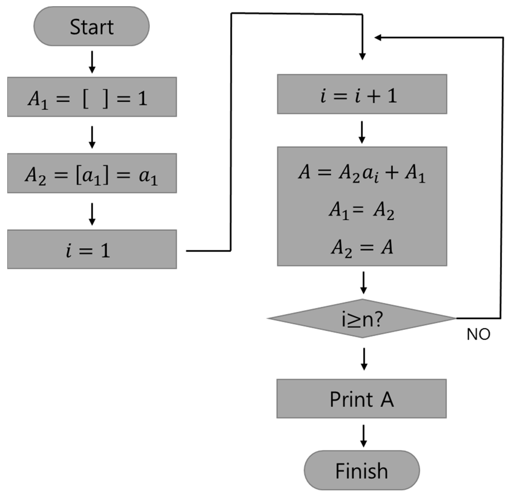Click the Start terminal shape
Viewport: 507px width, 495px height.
(x=91, y=27)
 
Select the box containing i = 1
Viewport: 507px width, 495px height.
(x=92, y=249)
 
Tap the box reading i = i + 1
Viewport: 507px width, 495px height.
(x=362, y=94)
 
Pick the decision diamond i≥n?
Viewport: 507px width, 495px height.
(x=362, y=318)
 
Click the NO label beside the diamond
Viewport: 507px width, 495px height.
(x=478, y=334)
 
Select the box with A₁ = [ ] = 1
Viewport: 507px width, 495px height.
(x=92, y=97)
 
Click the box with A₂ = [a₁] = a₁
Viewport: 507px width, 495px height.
(x=92, y=173)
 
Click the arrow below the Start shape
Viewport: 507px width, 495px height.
(x=92, y=62)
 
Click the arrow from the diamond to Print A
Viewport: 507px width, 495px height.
(x=364, y=359)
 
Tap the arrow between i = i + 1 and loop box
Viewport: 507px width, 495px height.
(x=362, y=132)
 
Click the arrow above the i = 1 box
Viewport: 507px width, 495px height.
(x=92, y=214)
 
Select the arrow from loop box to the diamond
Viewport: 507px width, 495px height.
(x=364, y=283)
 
